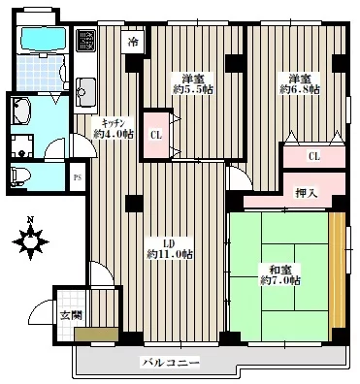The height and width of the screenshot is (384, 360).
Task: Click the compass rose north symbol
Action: pyautogui.click(x=30, y=240)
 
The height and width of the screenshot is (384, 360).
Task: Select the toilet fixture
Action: pyautogui.click(x=20, y=176)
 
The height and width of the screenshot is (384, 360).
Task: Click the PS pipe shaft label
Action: pyautogui.click(x=78, y=177)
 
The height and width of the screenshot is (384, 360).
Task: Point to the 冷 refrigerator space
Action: pyautogui.click(x=133, y=42)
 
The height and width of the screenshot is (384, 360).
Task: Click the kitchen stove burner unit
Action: pyautogui.click(x=86, y=40)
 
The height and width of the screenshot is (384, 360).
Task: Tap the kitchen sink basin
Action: pyautogui.click(x=85, y=92)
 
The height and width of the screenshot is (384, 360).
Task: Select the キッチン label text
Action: pyautogui.click(x=114, y=123)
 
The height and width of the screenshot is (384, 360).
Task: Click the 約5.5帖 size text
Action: pyautogui.click(x=193, y=90)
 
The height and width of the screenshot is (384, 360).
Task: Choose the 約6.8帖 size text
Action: pyautogui.click(x=300, y=89)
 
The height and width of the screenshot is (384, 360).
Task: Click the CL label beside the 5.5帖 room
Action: pyautogui.click(x=156, y=136)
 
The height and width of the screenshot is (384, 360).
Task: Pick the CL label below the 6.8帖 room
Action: pyautogui.click(x=314, y=157)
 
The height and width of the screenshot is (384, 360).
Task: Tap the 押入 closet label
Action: pyautogui.click(x=306, y=193)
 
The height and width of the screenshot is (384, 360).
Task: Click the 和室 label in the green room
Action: pyautogui.click(x=280, y=270)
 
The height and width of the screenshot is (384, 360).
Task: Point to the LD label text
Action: pyautogui.click(x=170, y=243)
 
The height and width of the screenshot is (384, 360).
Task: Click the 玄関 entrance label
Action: pyautogui.click(x=72, y=315)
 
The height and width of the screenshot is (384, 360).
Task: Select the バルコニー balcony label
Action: pyautogui.click(x=171, y=363)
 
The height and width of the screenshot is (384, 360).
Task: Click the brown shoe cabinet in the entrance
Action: pyautogui.click(x=96, y=335)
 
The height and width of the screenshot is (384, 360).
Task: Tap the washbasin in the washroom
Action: pyautogui.click(x=21, y=111)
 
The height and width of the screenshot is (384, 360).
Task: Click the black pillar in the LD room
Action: pyautogui.click(x=134, y=204)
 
